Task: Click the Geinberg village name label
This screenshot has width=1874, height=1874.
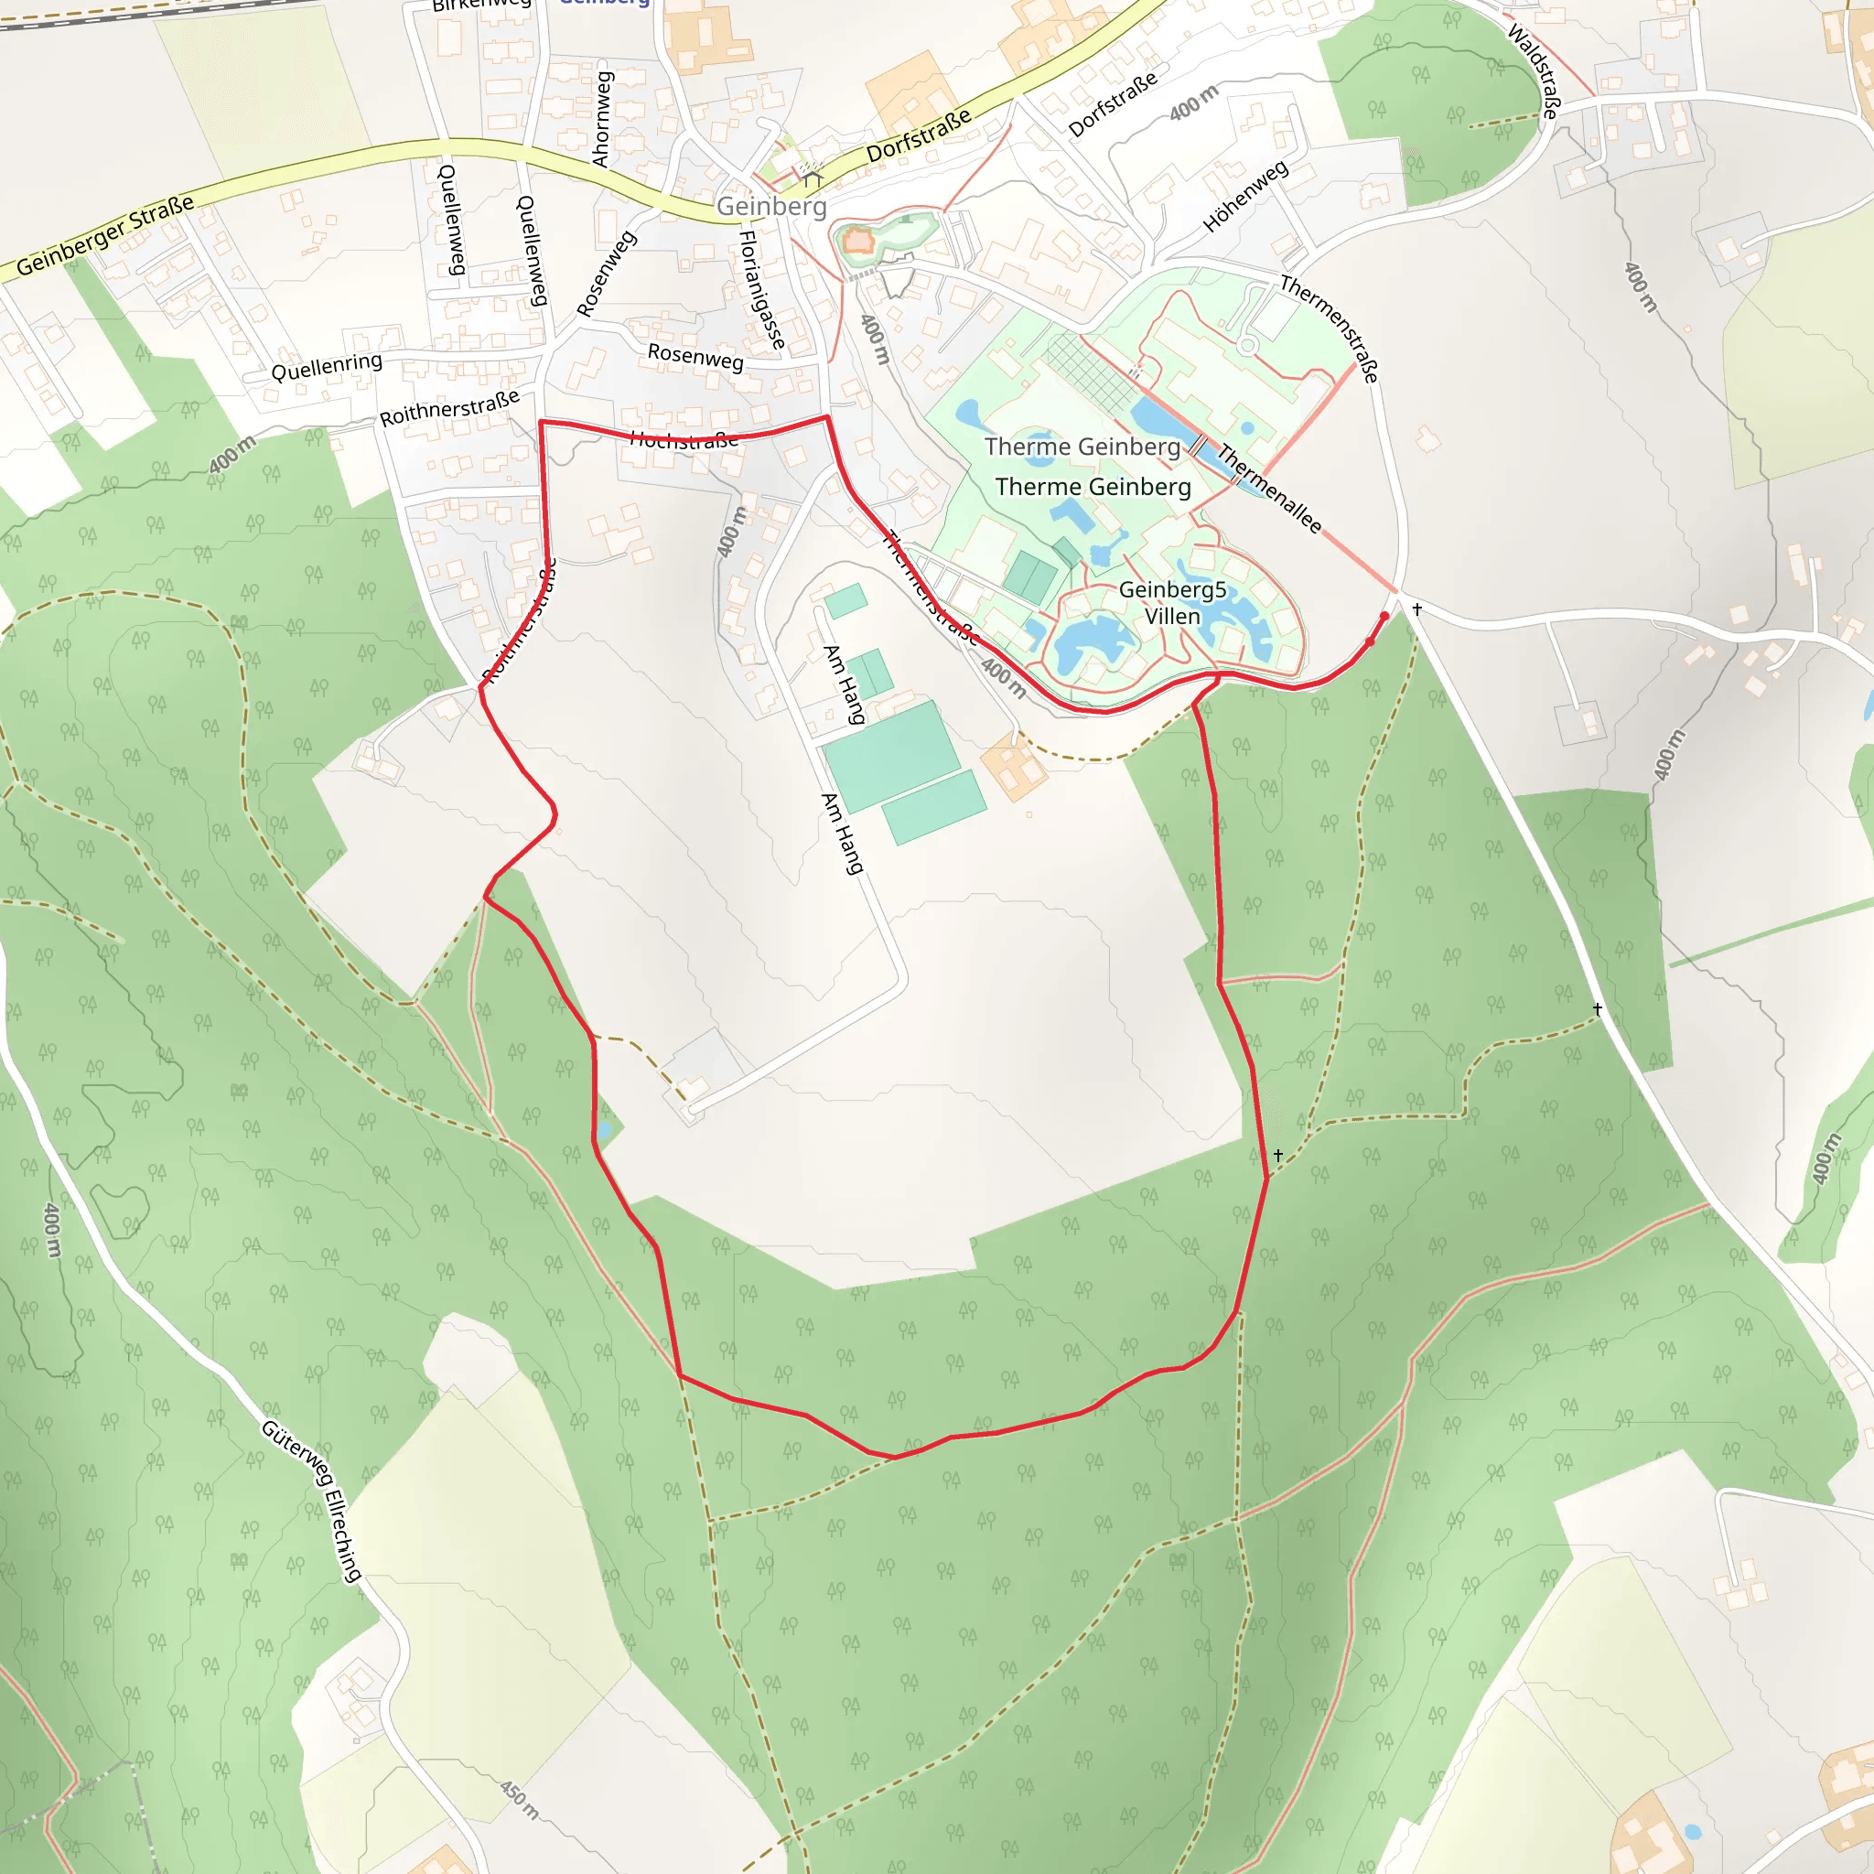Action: (771, 206)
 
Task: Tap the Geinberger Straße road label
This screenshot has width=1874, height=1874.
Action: (104, 236)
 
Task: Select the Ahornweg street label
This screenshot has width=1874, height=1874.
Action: (602, 118)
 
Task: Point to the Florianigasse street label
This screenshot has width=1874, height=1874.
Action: (762, 289)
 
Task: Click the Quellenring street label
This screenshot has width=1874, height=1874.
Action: (327, 367)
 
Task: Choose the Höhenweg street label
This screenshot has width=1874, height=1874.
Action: (1245, 196)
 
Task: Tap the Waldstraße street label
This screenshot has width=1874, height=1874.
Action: (1535, 70)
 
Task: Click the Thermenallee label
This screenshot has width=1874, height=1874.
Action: (1270, 488)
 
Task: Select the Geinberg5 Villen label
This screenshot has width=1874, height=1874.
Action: (1172, 602)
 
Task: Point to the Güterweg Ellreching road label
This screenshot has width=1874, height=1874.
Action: (311, 1501)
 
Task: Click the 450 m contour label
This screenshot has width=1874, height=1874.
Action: (520, 1799)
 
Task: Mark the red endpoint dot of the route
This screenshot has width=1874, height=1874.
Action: (1384, 616)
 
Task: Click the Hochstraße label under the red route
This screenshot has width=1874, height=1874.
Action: (684, 440)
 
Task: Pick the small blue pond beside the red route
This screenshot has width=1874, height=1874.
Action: (604, 1130)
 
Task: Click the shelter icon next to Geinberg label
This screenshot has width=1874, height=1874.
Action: (812, 178)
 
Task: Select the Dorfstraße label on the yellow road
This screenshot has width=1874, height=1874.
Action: (919, 135)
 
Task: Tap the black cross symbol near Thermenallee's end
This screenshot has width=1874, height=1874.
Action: (1417, 609)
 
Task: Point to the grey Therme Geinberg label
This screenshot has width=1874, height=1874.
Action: (1082, 447)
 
